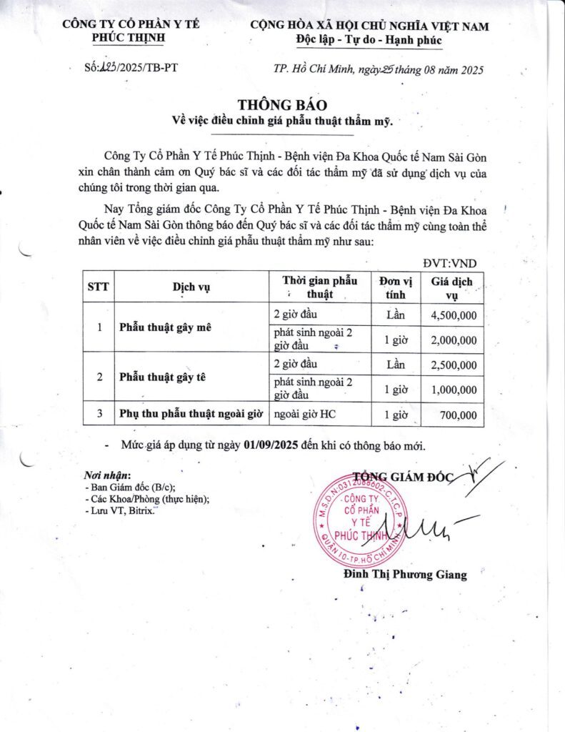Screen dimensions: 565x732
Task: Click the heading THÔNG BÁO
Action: (282, 105)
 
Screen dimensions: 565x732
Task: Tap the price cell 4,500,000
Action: (454, 315)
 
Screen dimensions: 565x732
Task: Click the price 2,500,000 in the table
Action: (454, 365)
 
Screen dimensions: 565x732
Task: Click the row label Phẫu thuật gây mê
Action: (164, 327)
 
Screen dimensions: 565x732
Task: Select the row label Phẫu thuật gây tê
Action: (162, 377)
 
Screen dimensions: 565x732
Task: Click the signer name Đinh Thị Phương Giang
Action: (404, 574)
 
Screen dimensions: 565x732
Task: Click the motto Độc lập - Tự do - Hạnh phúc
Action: (369, 40)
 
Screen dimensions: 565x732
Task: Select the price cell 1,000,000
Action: (454, 390)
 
